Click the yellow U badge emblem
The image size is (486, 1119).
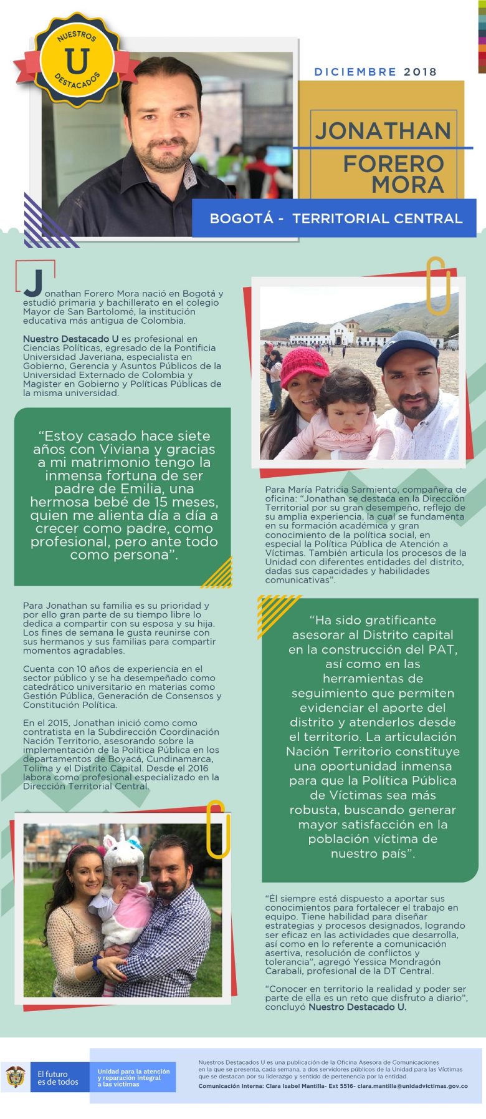77,61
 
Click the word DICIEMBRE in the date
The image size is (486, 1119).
355,72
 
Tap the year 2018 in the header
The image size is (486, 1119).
421,72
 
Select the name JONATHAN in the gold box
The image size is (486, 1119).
383,131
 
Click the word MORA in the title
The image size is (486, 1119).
408,185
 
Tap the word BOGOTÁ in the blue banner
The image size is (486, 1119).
241,218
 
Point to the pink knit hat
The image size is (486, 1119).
305,367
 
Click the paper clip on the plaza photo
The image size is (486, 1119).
438,286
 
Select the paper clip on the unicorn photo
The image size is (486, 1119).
217,828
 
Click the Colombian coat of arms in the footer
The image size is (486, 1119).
15,1077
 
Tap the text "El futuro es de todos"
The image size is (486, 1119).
57,1078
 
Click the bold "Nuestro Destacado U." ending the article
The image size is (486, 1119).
357,1007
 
